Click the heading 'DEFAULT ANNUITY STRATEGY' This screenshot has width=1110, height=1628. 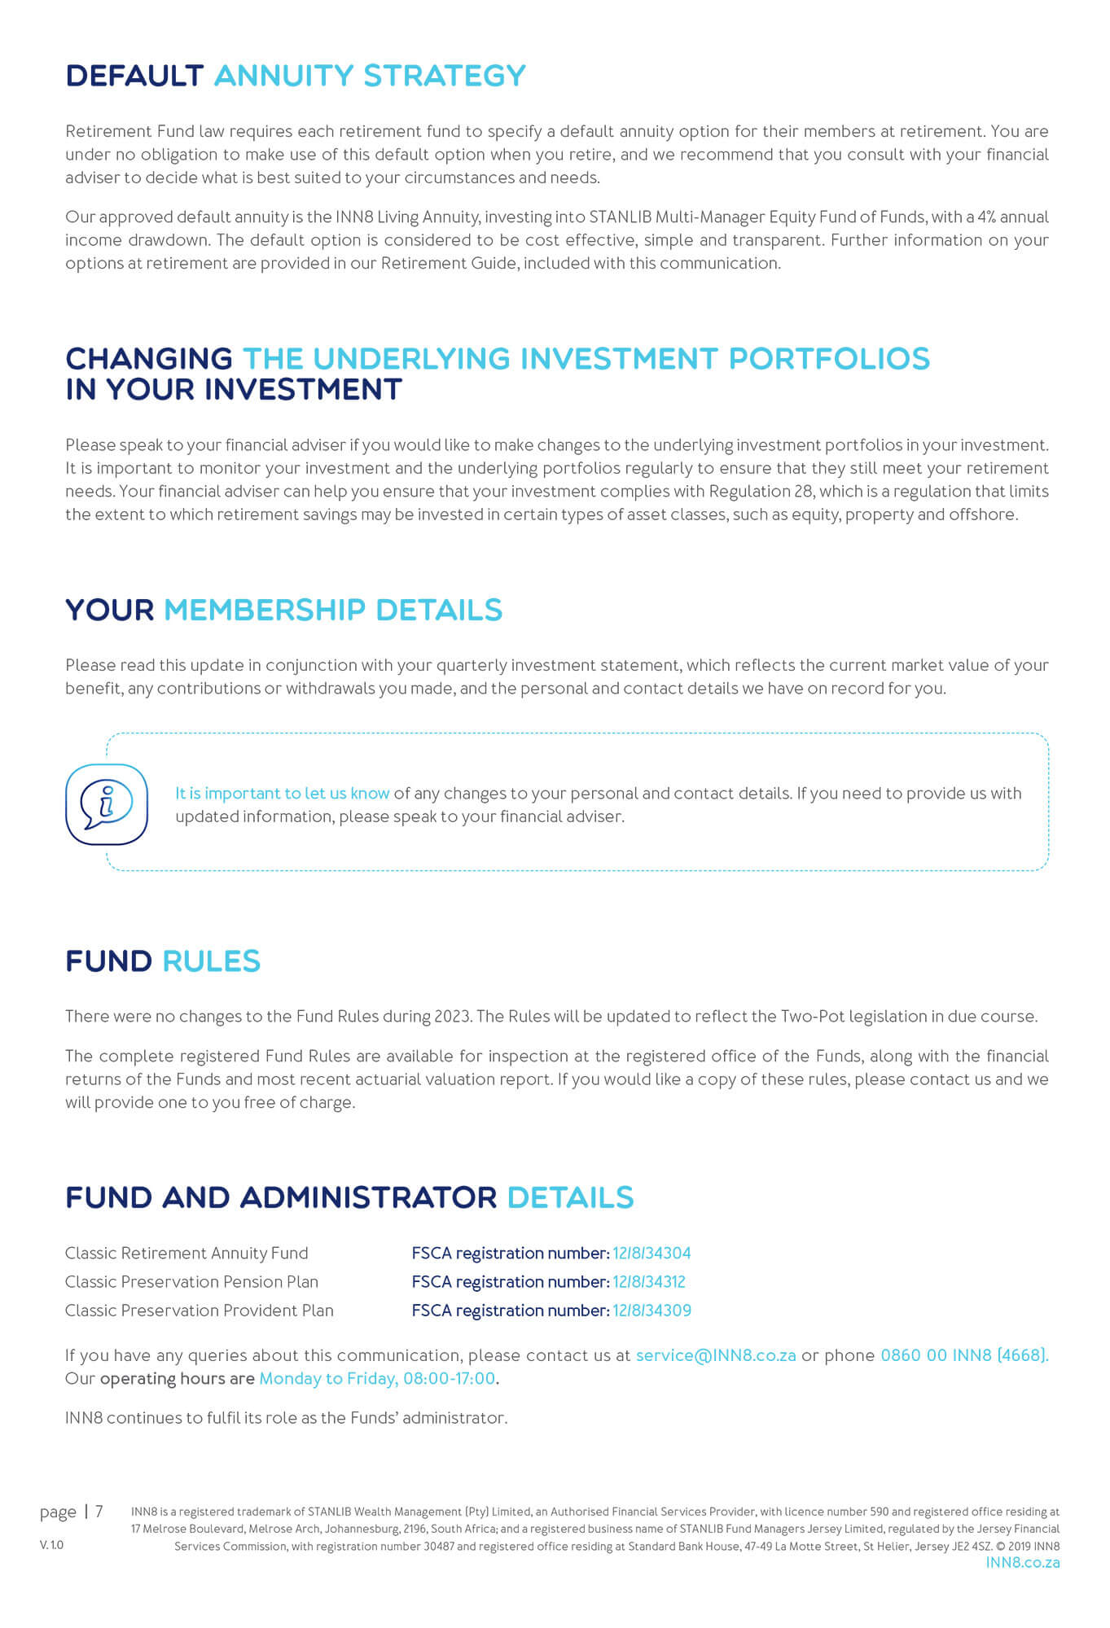[296, 76]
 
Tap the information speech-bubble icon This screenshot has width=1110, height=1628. [107, 803]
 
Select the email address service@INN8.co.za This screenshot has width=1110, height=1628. [715, 1355]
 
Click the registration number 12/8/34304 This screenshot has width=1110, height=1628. [652, 1253]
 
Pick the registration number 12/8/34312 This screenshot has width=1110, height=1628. [649, 1281]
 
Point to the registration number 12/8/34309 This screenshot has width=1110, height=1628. [652, 1310]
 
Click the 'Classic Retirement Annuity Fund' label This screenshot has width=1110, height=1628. [186, 1253]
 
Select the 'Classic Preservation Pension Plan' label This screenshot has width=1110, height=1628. [191, 1281]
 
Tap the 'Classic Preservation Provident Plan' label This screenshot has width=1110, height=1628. [200, 1310]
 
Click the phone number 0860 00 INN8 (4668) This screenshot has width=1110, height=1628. [964, 1355]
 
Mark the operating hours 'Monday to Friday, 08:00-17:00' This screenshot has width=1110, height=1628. [377, 1378]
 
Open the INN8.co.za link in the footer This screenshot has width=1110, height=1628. [1022, 1562]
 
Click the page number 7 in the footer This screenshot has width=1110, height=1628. [99, 1512]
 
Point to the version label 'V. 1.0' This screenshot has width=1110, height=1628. [51, 1545]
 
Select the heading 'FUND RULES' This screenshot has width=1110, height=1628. [163, 961]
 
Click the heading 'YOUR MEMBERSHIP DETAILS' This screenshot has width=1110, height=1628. [283, 610]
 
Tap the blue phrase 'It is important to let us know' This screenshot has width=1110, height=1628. [282, 793]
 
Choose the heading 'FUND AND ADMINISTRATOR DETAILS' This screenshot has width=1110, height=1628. [349, 1197]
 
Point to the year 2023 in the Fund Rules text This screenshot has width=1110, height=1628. [452, 1016]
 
